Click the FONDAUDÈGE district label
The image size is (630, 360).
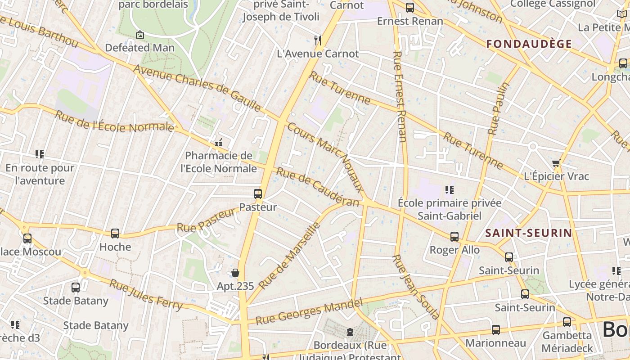(529, 44)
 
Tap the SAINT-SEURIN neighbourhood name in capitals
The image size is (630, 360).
(529, 233)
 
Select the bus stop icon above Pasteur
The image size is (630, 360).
(258, 194)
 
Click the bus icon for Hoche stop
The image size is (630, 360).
(115, 234)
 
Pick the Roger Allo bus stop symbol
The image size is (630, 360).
(454, 237)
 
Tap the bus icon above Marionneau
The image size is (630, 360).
(495, 330)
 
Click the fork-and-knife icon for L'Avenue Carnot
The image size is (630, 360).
(318, 40)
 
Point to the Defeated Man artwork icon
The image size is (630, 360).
(140, 34)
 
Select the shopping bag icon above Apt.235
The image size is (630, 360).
(235, 273)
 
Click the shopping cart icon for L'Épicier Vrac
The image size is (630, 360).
(556, 163)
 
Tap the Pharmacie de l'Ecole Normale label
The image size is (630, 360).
(219, 162)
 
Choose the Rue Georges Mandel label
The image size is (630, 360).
(309, 311)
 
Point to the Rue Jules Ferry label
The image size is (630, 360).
(146, 295)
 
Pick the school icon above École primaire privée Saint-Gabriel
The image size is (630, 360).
(449, 190)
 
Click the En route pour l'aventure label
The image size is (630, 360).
(40, 174)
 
